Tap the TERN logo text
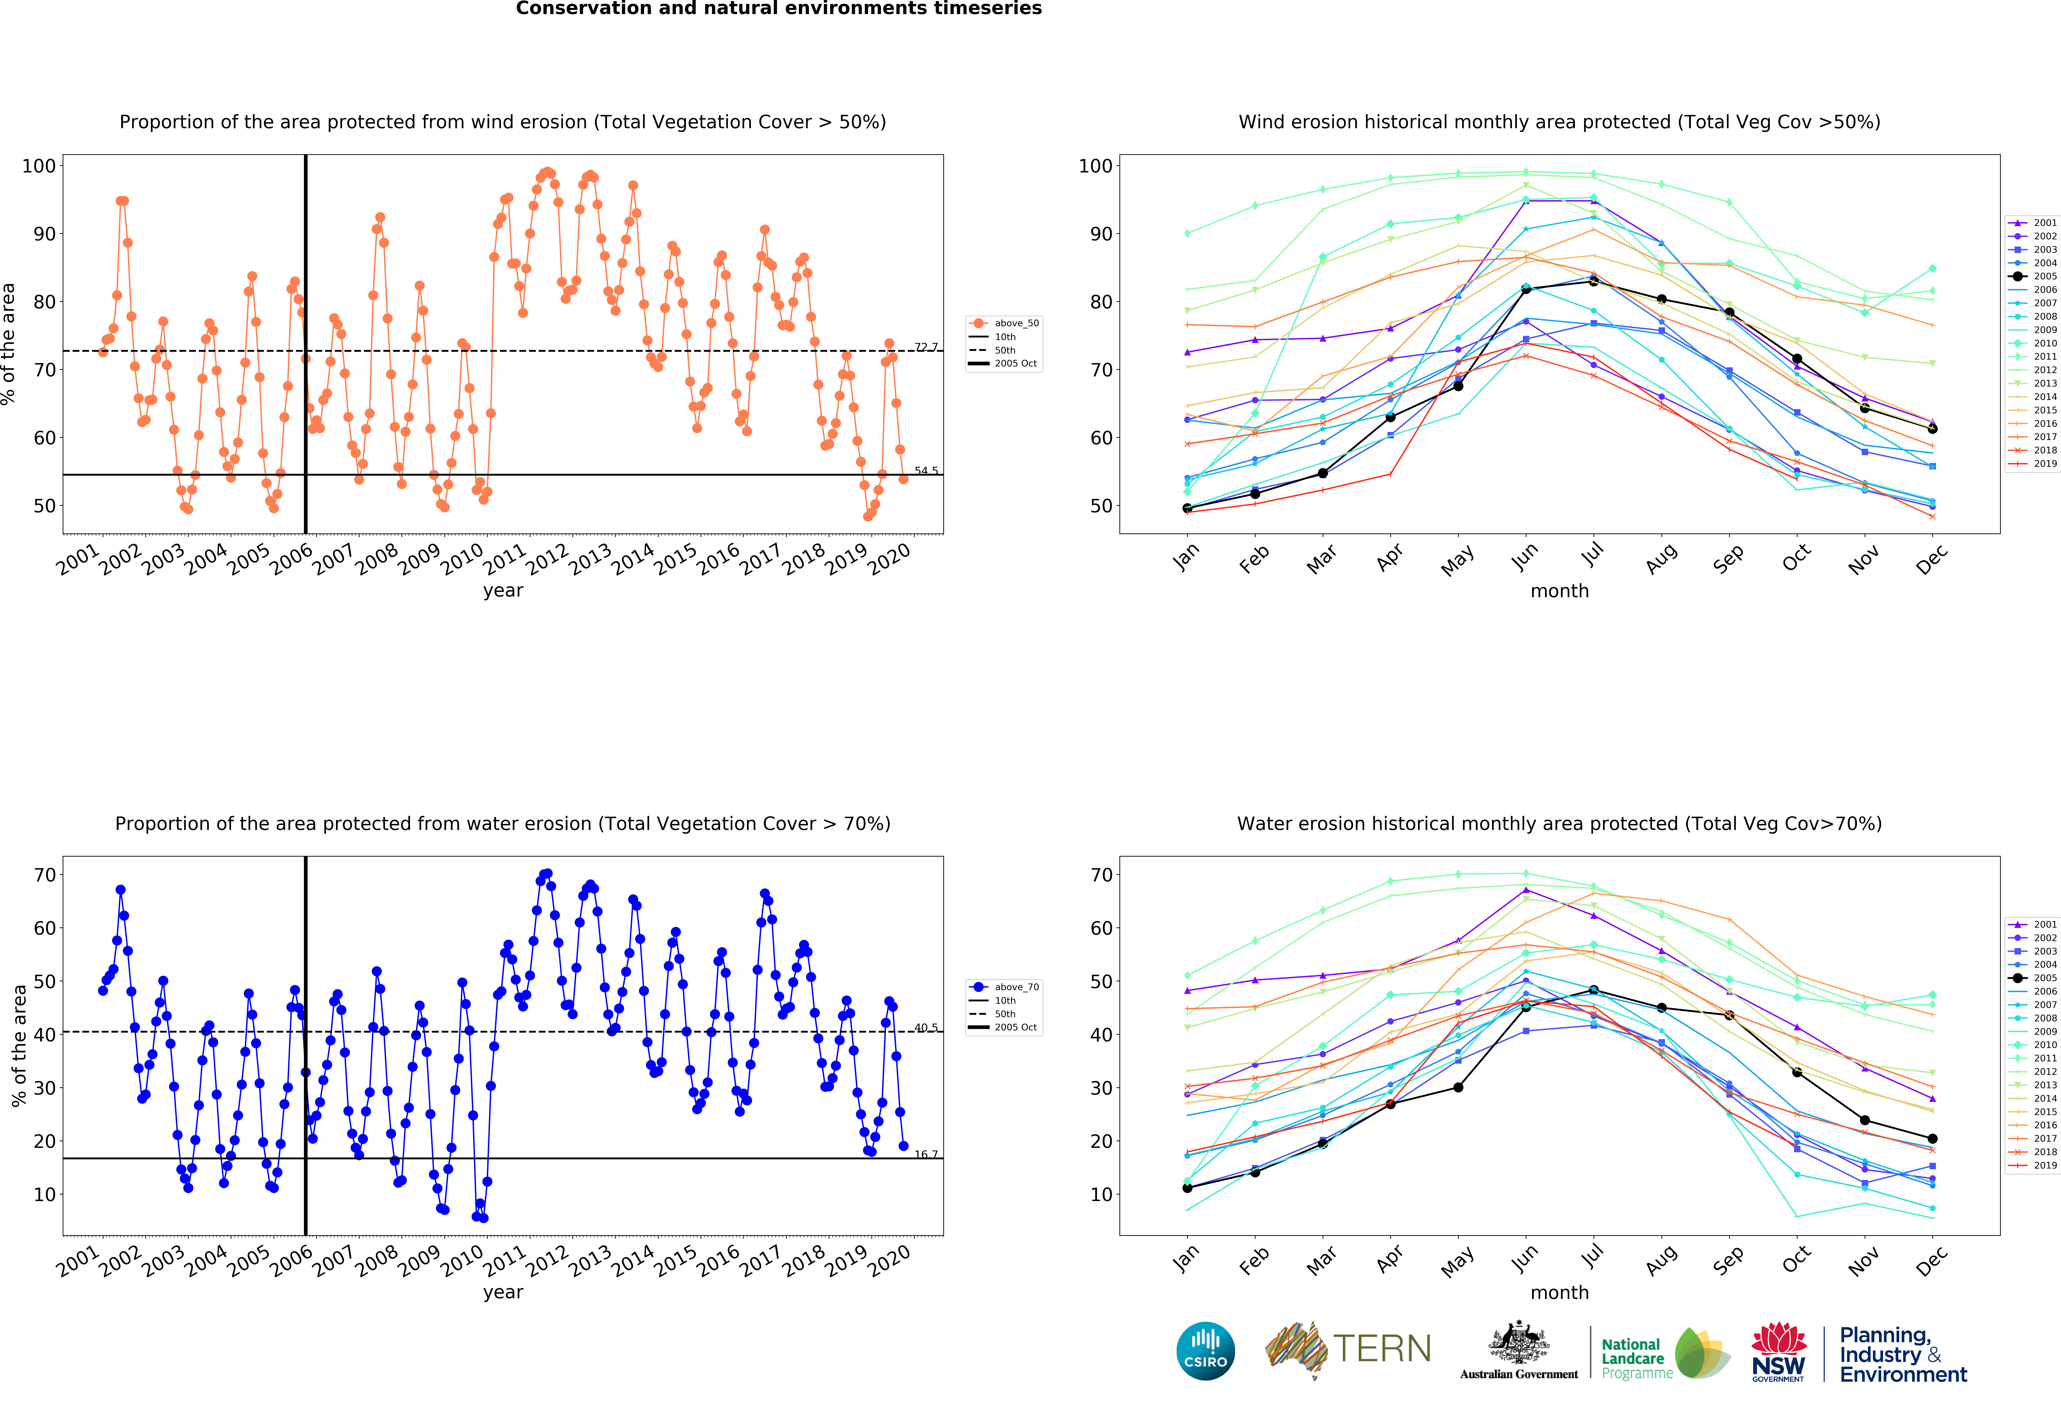(1382, 1349)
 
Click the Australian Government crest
(1519, 1344)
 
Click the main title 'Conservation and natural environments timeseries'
(779, 9)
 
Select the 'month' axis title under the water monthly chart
(1559, 1292)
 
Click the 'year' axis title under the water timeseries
(503, 1292)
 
